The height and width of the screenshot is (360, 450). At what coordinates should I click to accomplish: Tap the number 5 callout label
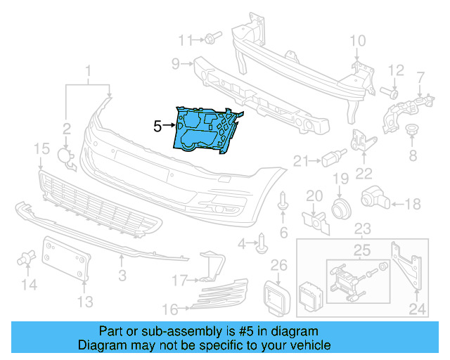[157, 126]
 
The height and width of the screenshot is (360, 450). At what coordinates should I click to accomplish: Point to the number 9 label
[176, 65]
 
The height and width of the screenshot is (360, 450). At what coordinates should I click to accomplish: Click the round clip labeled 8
[413, 129]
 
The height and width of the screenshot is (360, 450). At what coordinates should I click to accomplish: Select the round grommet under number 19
[340, 207]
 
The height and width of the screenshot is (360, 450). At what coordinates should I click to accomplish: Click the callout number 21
[301, 162]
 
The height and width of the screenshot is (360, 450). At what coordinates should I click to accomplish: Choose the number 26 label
[279, 265]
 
